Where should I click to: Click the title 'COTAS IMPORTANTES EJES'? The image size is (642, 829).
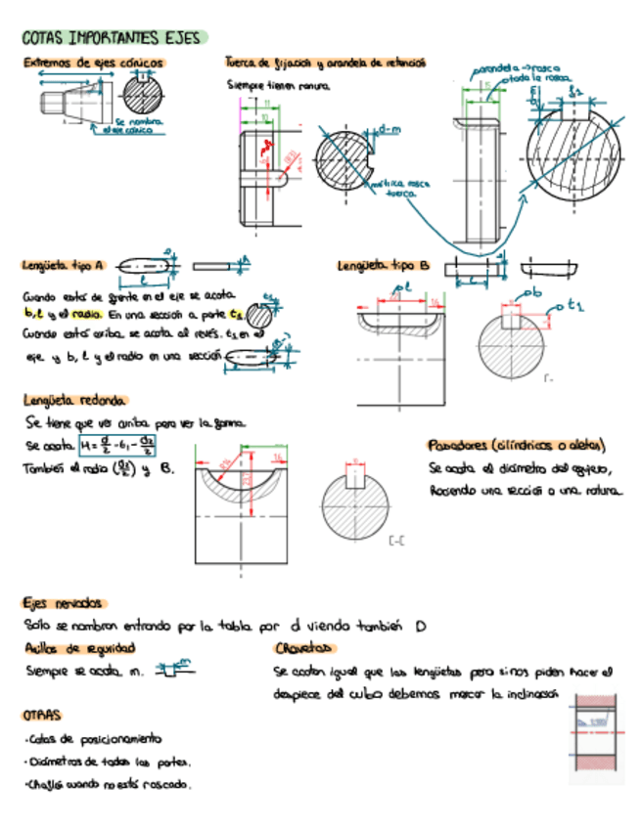(x=110, y=38)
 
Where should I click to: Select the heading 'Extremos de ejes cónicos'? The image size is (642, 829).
(x=94, y=63)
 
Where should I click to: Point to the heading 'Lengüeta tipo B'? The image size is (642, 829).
(x=384, y=265)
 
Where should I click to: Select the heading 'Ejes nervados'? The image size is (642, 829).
(x=65, y=603)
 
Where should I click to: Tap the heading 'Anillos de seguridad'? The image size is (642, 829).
(x=79, y=648)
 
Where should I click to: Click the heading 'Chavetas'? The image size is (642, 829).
(x=305, y=648)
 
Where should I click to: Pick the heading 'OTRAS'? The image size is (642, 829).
(x=42, y=715)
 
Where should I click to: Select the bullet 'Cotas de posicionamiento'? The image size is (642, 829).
(x=95, y=740)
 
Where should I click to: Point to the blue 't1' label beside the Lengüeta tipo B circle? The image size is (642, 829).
(x=574, y=306)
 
